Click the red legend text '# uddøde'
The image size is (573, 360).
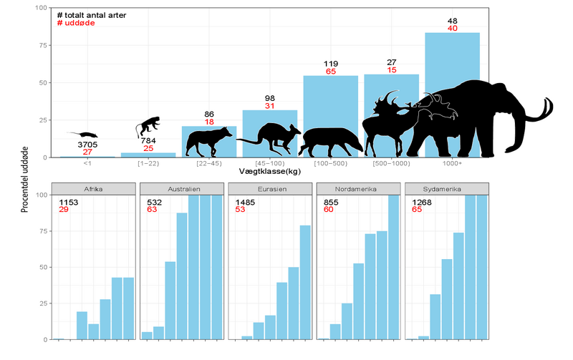click(75, 24)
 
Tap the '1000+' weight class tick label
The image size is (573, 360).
click(452, 164)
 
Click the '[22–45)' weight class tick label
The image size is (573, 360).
click(208, 164)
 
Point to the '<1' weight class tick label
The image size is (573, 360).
click(87, 164)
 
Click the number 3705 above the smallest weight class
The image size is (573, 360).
click(87, 145)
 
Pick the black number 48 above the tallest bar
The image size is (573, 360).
click(452, 20)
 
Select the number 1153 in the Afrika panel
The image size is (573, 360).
click(69, 202)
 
